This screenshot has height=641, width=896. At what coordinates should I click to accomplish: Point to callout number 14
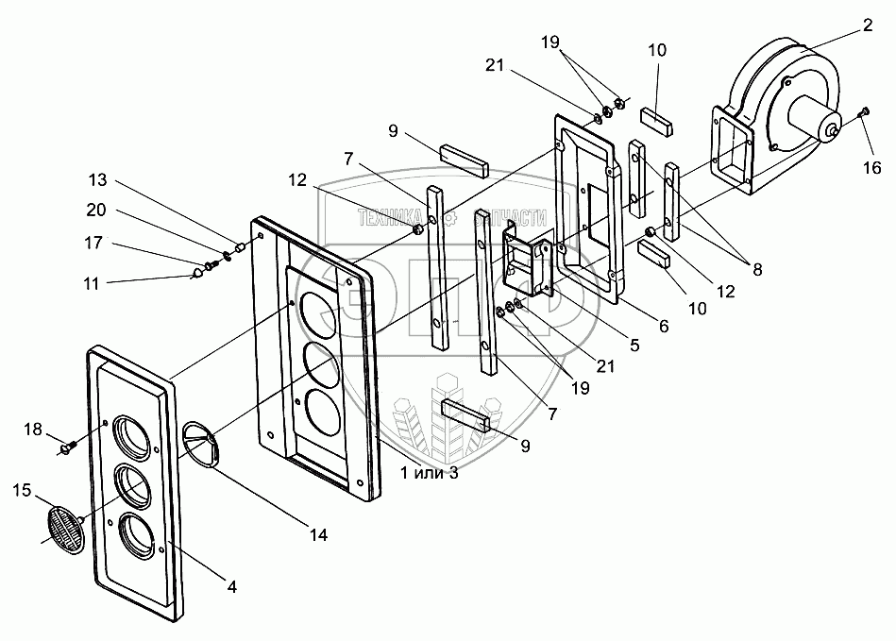[x=318, y=535]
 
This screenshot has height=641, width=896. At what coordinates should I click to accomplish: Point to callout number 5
[x=634, y=346]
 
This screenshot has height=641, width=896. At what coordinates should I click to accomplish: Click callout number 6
[x=663, y=326]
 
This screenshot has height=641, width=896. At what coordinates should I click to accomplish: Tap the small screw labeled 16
[x=864, y=114]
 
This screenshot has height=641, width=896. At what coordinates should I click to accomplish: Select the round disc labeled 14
[x=200, y=444]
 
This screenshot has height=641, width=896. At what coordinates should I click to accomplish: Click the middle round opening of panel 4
[x=131, y=485]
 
